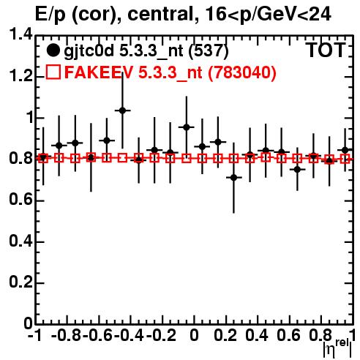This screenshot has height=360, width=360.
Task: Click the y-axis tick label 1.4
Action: tap(20, 34)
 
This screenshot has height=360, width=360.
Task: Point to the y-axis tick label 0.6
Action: tap(20, 200)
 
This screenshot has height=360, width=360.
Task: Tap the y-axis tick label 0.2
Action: tap(20, 282)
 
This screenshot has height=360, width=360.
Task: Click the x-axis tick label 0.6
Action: tap(288, 335)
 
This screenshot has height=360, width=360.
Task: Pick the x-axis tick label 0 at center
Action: tap(194, 335)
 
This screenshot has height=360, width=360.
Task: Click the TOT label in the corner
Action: tap(326, 50)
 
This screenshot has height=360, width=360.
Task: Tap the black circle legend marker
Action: tap(53, 50)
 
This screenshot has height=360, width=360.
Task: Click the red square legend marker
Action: tap(53, 72)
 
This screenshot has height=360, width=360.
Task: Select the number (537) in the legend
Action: tap(209, 50)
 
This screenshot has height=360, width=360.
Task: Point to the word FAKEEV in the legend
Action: tap(99, 72)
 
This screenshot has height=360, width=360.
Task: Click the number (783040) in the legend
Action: tap(242, 72)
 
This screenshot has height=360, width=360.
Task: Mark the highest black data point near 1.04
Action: tap(122, 110)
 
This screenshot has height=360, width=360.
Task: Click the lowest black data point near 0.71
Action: tap(233, 178)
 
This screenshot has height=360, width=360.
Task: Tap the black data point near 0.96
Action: tap(187, 127)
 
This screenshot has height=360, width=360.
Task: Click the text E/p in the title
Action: tap(50, 15)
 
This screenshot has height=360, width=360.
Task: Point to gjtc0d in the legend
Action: tap(89, 51)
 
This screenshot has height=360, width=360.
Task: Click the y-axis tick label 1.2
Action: tap(20, 76)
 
